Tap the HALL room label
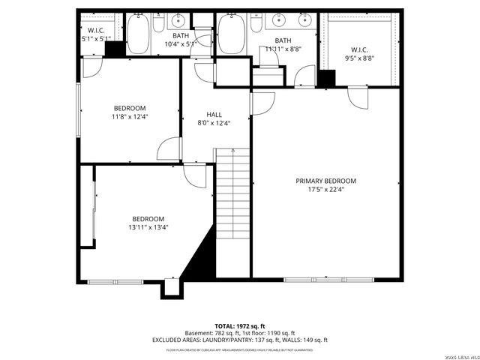coord(214,115)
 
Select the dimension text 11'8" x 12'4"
coord(130,116)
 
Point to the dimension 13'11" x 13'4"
coord(148,227)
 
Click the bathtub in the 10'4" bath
coord(138,33)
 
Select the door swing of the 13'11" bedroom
coord(193,175)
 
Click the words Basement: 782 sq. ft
coord(210,334)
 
